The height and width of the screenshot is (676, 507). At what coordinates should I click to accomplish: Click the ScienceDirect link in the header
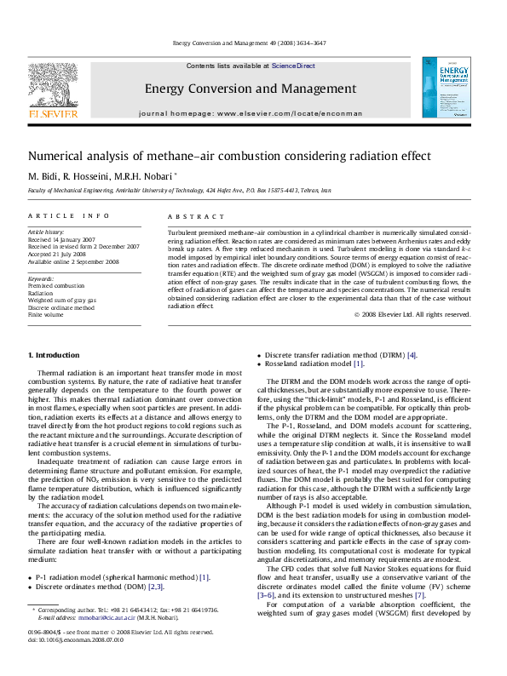click(x=293, y=66)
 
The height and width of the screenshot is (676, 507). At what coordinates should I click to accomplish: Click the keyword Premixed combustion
click(x=56, y=286)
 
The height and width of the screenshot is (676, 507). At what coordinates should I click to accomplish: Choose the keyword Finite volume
click(x=46, y=314)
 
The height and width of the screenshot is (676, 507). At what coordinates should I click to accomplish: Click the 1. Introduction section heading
click(x=54, y=355)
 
